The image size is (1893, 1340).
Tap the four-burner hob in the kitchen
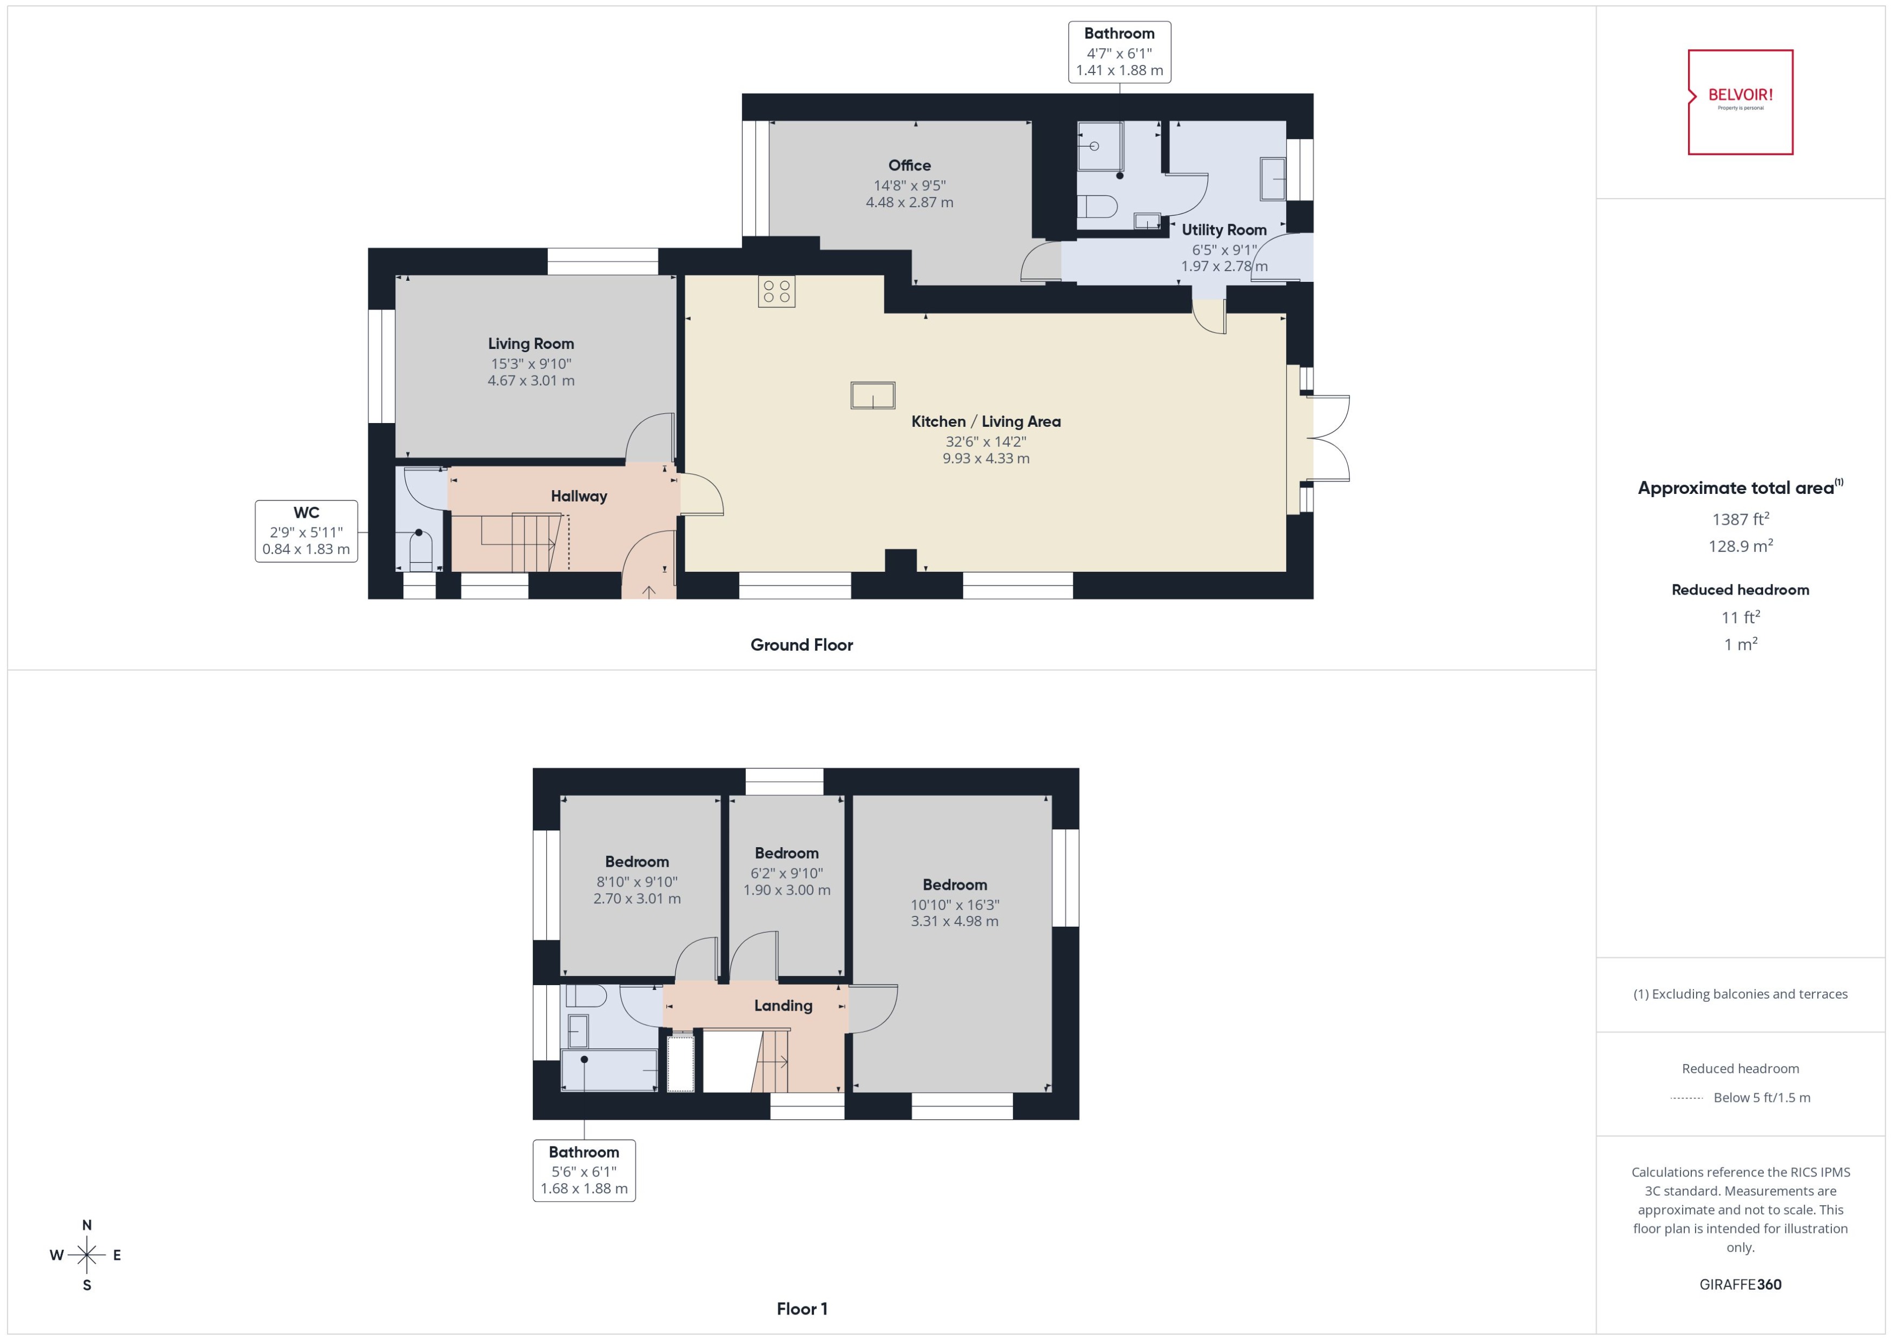(x=776, y=291)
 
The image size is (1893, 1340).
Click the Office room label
(x=909, y=165)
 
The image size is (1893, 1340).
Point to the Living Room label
(x=531, y=344)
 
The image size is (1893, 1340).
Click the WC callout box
(x=306, y=531)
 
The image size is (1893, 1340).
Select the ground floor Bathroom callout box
(x=1118, y=52)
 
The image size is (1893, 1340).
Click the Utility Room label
(x=1223, y=229)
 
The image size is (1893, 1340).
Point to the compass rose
(x=87, y=1255)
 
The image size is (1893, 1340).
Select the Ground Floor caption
(x=801, y=644)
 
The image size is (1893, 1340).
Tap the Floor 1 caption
(x=801, y=1309)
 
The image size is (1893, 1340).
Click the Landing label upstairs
(x=782, y=1005)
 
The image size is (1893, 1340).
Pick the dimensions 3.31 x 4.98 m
(x=954, y=921)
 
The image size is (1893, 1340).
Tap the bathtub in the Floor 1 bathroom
(x=608, y=1070)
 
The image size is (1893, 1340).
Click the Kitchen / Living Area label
(x=985, y=421)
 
